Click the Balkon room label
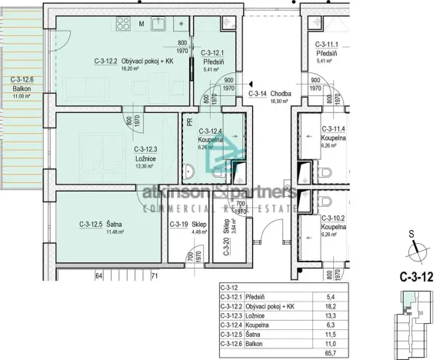click(21, 88)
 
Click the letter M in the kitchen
click(142, 24)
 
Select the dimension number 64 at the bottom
click(98, 275)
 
